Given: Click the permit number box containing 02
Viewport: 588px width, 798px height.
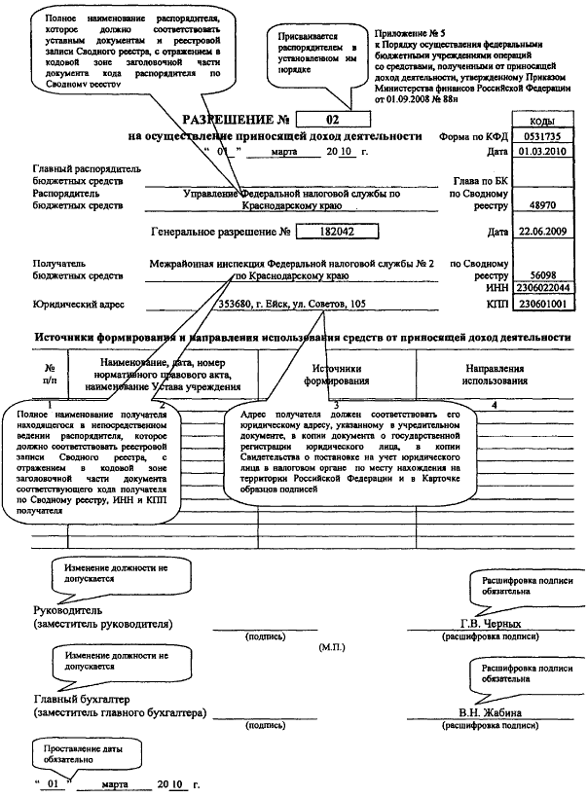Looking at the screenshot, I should click(x=333, y=120).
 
